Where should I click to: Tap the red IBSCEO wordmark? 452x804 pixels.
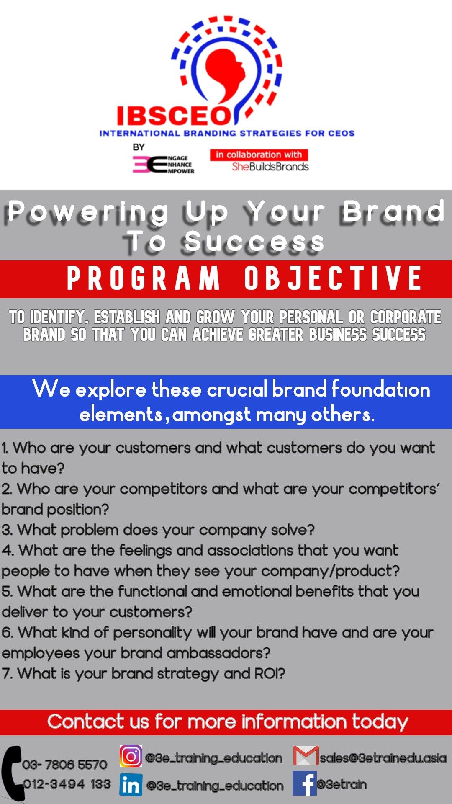click(174, 116)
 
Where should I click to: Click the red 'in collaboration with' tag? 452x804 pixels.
click(259, 155)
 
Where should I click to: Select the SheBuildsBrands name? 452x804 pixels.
click(270, 167)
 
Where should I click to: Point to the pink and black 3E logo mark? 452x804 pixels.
click(150, 164)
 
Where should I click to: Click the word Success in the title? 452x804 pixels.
click(254, 242)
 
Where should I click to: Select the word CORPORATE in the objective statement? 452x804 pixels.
click(406, 317)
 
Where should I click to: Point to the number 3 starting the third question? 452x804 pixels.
click(6, 530)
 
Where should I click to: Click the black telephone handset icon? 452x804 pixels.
click(13, 773)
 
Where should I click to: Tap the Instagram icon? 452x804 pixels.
click(131, 756)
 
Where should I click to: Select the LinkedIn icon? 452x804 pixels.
click(131, 784)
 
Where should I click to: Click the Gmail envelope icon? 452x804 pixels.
click(306, 756)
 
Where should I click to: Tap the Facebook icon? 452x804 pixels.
click(304, 783)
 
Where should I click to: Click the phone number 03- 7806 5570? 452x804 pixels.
click(65, 765)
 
